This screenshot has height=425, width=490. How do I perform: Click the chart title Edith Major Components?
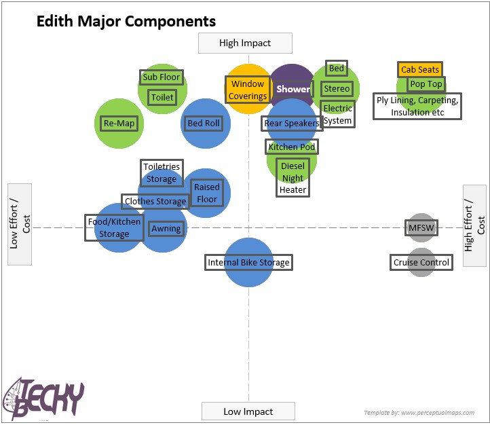click(x=126, y=22)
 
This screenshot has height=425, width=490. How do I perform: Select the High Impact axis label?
click(x=245, y=43)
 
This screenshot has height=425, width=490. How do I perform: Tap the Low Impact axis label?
click(x=248, y=411)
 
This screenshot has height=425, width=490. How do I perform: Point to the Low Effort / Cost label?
click(x=20, y=223)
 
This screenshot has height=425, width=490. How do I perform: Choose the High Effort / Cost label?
click(x=474, y=224)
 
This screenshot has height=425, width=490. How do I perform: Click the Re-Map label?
click(x=119, y=123)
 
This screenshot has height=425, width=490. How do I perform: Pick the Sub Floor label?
click(x=161, y=77)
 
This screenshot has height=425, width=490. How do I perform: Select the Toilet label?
click(x=162, y=97)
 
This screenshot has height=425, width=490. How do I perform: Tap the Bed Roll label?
click(x=204, y=123)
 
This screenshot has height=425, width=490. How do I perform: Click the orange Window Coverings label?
click(x=247, y=90)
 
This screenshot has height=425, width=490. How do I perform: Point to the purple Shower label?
click(x=293, y=89)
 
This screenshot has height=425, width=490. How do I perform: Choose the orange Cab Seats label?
click(x=420, y=69)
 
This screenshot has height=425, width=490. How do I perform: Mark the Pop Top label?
click(x=426, y=84)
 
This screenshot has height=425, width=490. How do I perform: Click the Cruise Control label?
click(x=421, y=262)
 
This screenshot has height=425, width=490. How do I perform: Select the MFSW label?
click(x=421, y=227)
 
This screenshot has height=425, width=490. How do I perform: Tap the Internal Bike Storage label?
click(x=248, y=262)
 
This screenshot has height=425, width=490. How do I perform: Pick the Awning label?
click(x=166, y=229)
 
